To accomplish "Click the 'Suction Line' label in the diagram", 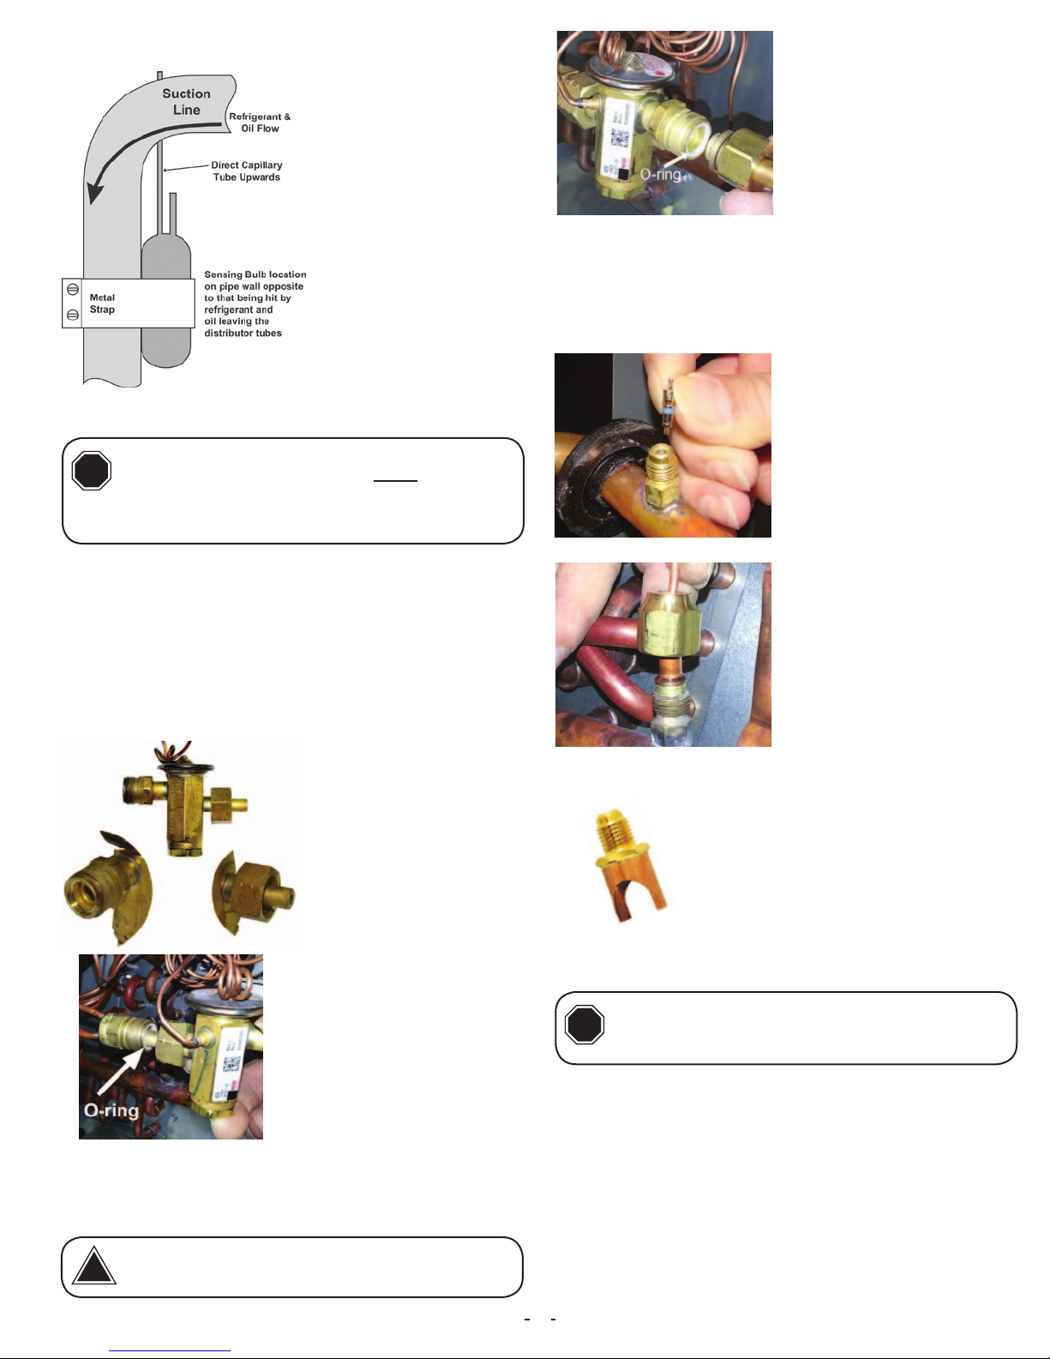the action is pyautogui.click(x=186, y=101).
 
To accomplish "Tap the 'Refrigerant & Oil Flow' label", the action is pyautogui.click(x=260, y=123).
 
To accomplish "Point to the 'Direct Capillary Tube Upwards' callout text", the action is pyautogui.click(x=246, y=171).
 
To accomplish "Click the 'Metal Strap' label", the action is pyautogui.click(x=102, y=304).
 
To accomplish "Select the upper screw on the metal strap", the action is pyautogui.click(x=73, y=290).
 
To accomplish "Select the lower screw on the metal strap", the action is pyautogui.click(x=73, y=315).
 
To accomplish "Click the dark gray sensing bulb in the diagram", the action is pyautogui.click(x=166, y=300).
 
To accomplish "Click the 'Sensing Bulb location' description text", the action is pyautogui.click(x=255, y=304).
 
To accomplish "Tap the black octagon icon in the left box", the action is pyautogui.click(x=91, y=471).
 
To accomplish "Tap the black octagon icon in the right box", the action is pyautogui.click(x=585, y=1025).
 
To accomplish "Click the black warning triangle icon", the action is pyautogui.click(x=93, y=1266).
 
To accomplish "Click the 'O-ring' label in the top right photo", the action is pyautogui.click(x=660, y=174).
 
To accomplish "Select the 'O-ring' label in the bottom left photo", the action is pyautogui.click(x=111, y=1110).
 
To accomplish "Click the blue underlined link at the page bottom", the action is pyautogui.click(x=170, y=1350).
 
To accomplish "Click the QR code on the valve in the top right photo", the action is pyautogui.click(x=619, y=137).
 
